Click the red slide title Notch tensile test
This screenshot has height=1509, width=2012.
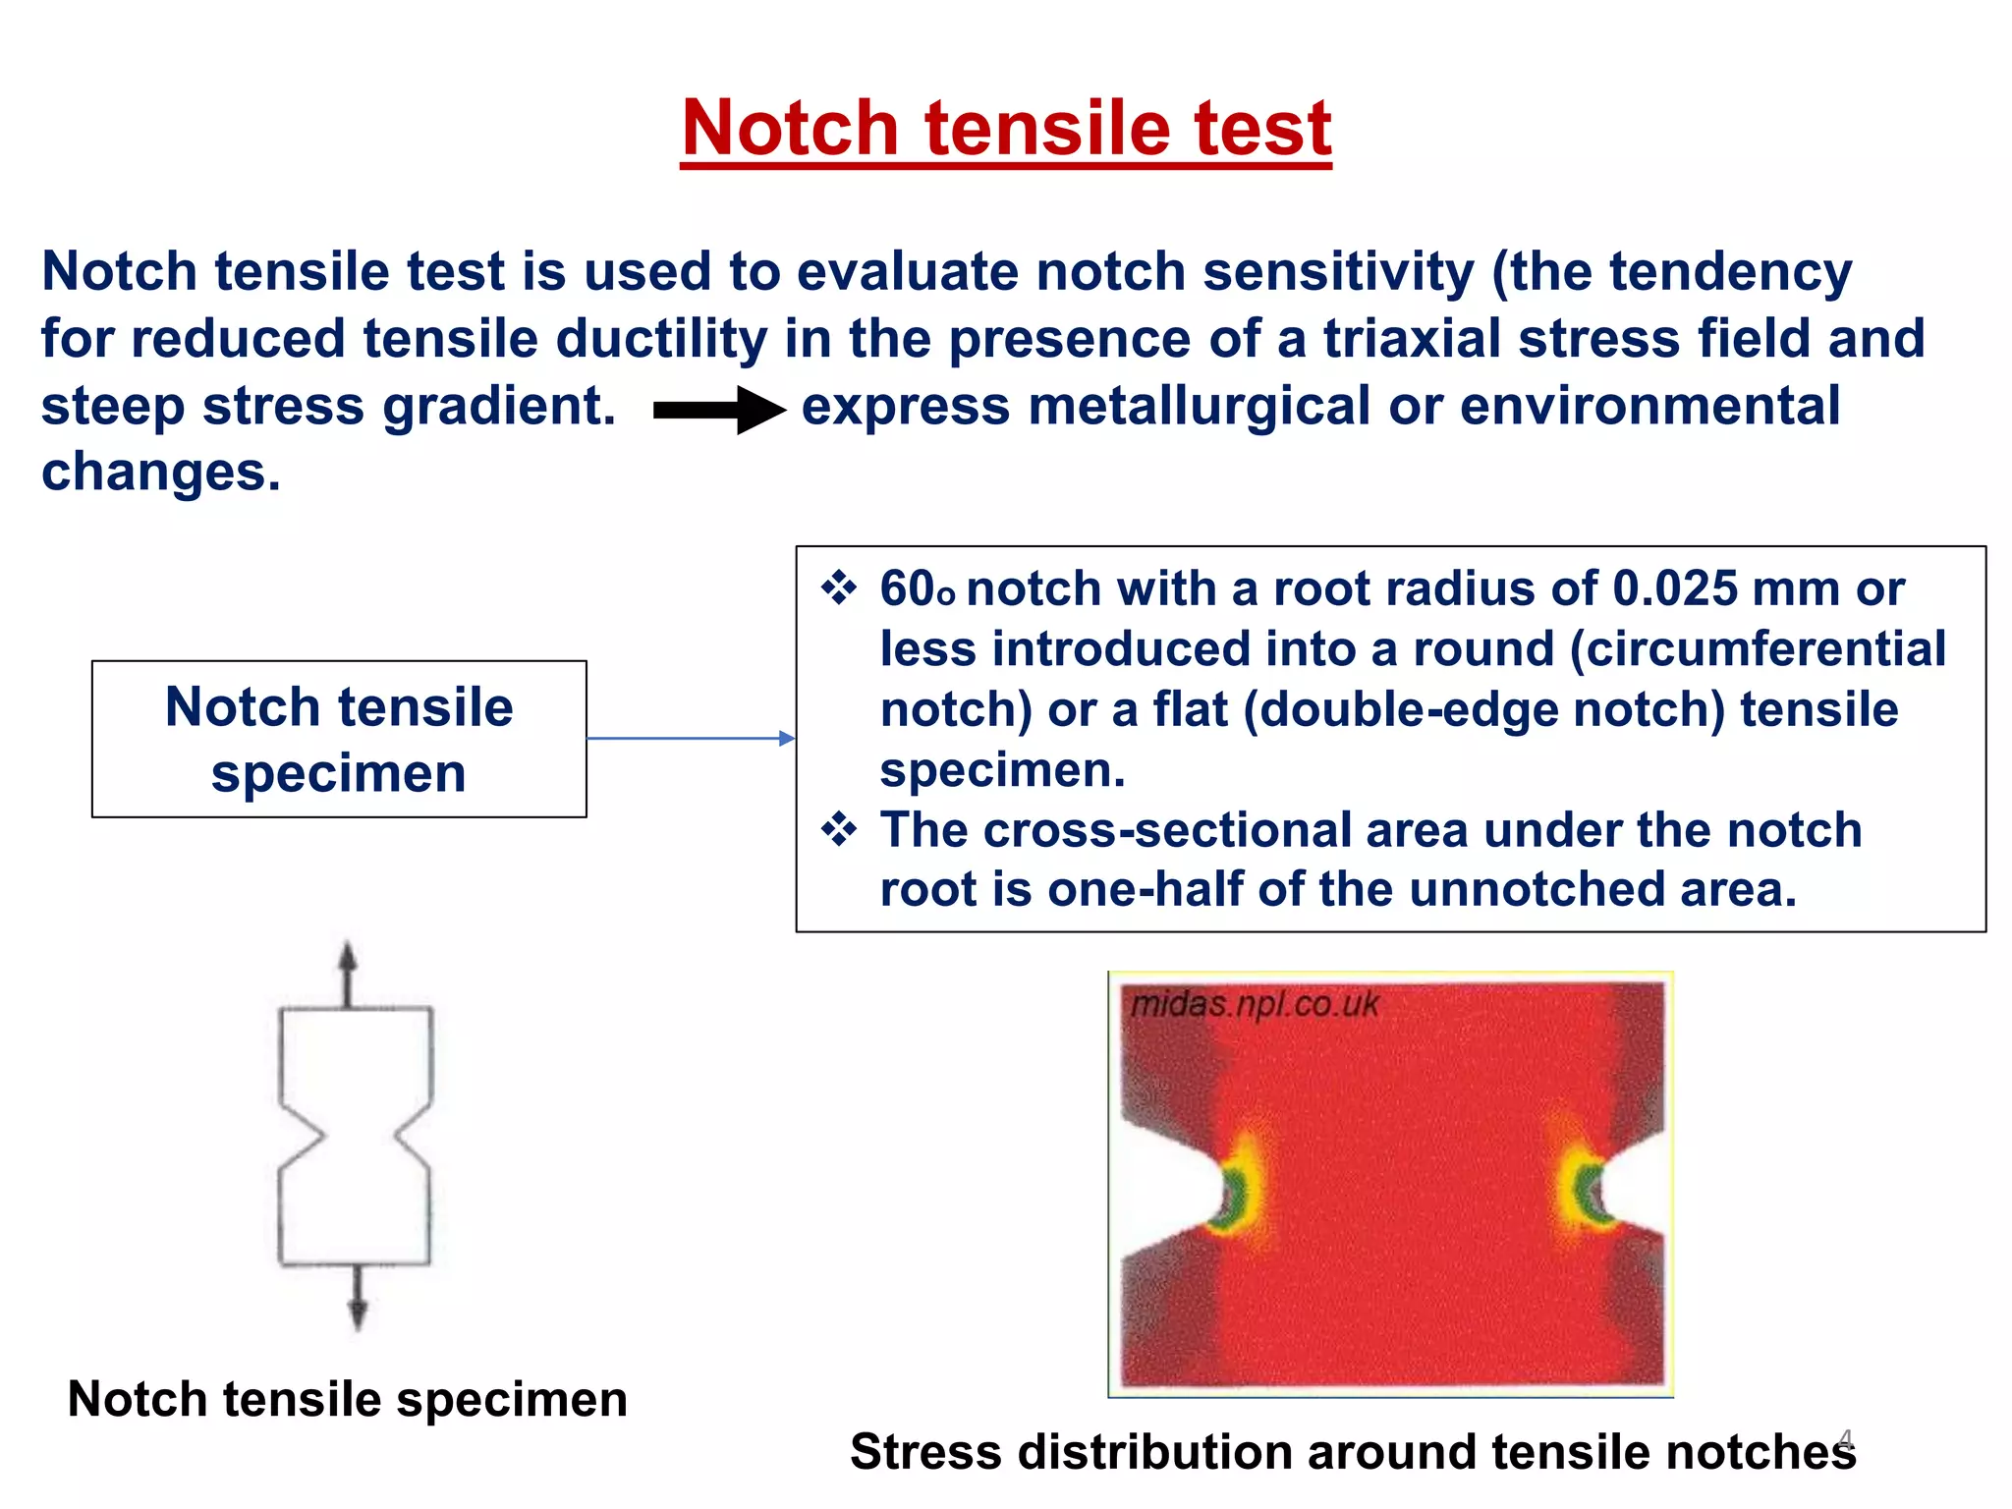pyautogui.click(x=1006, y=129)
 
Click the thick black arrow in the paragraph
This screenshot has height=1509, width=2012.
pyautogui.click(x=718, y=410)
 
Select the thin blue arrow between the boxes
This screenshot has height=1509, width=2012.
pyautogui.click(x=690, y=738)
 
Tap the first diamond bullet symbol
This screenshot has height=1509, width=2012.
pyautogui.click(x=839, y=589)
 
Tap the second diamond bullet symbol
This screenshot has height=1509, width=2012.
pyautogui.click(x=839, y=830)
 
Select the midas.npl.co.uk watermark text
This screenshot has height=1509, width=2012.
pyautogui.click(x=1255, y=1004)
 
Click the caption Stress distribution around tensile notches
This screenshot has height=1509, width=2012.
pyautogui.click(x=1352, y=1452)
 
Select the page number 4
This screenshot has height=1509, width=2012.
pyautogui.click(x=1845, y=1440)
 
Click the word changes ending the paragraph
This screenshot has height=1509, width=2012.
pyautogui.click(x=160, y=474)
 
